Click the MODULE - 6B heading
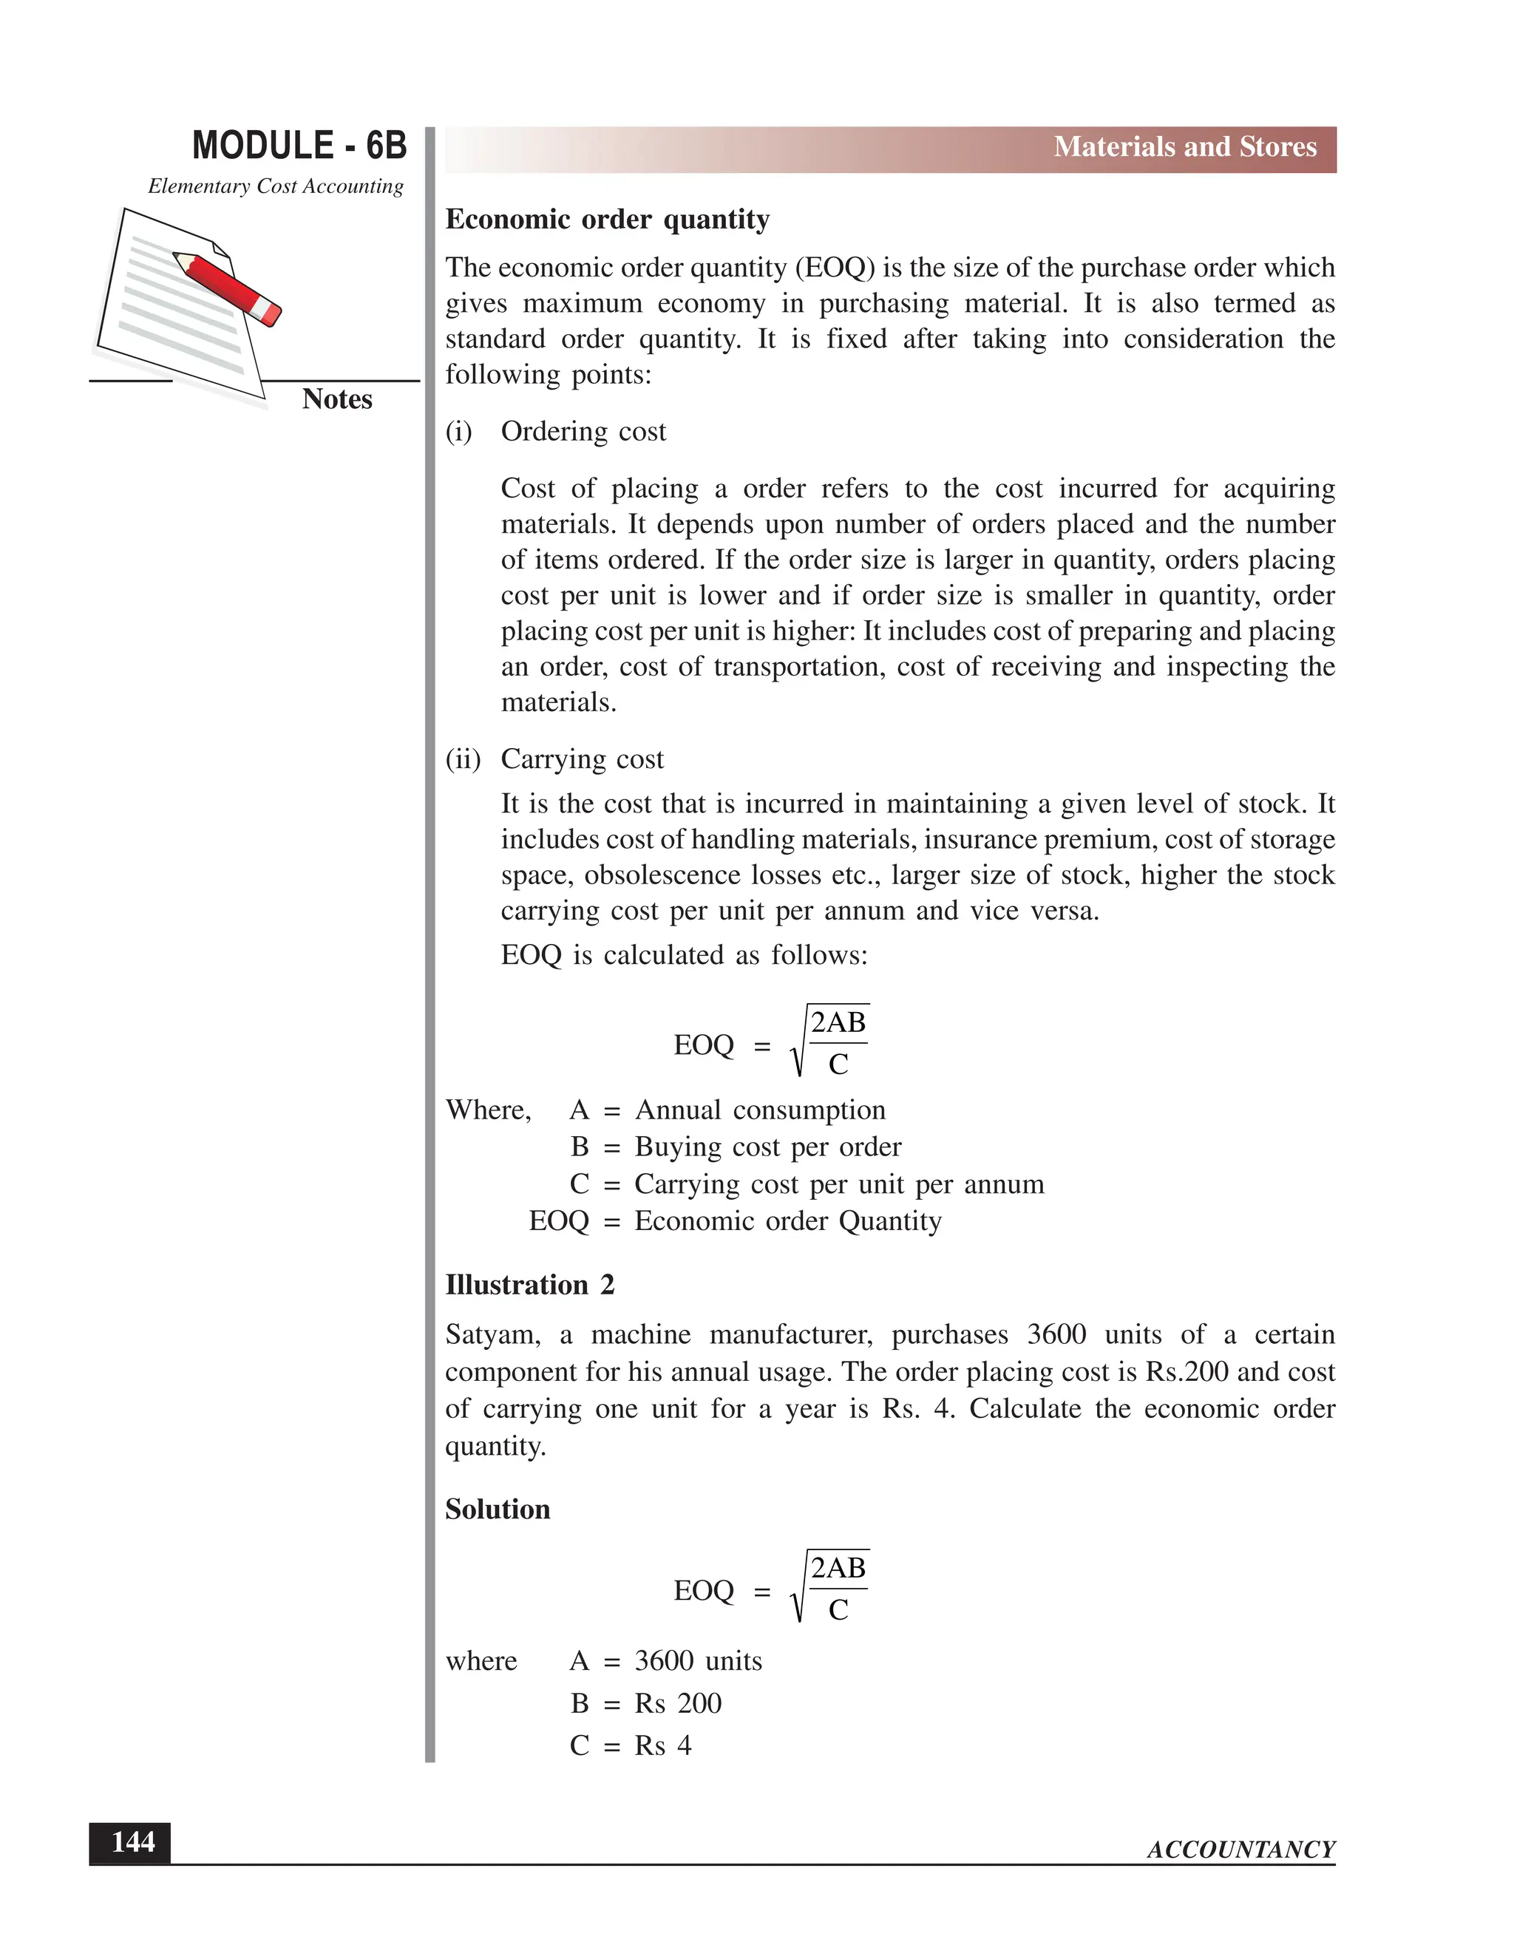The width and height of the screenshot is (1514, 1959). (299, 146)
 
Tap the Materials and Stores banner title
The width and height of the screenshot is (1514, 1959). (1184, 147)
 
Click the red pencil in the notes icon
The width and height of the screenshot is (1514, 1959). (227, 287)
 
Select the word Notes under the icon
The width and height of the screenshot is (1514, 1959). (336, 399)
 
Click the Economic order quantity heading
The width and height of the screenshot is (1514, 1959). (607, 220)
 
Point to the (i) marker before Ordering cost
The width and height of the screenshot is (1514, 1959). (458, 432)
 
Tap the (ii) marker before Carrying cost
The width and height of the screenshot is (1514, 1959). (463, 760)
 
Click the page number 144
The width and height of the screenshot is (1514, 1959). (132, 1842)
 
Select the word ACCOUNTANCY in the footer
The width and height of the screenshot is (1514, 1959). (1240, 1850)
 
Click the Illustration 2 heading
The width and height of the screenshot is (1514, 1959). (529, 1286)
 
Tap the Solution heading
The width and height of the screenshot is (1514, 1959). (498, 1510)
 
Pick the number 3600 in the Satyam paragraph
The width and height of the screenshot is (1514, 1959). (1056, 1334)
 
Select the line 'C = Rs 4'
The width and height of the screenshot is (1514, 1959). (631, 1745)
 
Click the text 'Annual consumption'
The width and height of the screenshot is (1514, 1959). (760, 1110)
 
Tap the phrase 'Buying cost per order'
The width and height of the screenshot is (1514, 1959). (768, 1147)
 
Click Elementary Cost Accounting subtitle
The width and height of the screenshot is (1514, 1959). (275, 186)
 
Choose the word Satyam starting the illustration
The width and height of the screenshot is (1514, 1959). (492, 1334)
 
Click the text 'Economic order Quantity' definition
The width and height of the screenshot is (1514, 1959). (787, 1222)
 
